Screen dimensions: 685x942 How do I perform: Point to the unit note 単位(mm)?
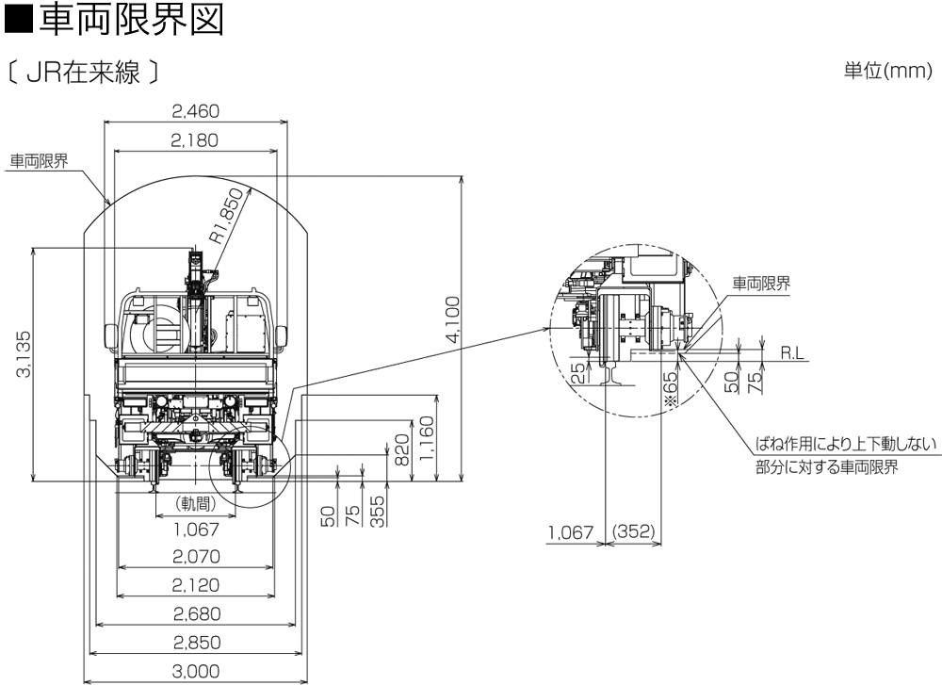887,73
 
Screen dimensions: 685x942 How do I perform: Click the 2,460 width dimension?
195,111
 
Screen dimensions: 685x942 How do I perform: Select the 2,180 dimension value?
195,140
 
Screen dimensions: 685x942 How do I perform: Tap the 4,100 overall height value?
452,321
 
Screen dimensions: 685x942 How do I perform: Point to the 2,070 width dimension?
196,557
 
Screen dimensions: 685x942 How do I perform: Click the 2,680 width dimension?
196,614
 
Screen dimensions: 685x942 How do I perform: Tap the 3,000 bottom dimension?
196,671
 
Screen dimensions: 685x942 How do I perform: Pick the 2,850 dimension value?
196,643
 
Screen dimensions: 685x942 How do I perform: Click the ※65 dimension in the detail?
671,388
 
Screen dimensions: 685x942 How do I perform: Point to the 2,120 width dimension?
196,585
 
